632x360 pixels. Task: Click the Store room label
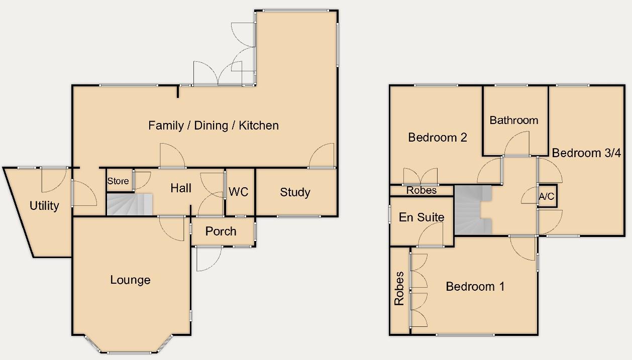tap(118, 181)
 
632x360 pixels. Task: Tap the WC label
tap(239, 192)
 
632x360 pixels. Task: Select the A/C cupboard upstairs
tap(547, 197)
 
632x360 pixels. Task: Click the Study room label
tap(295, 192)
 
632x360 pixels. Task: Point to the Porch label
tap(221, 231)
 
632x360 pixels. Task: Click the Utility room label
tap(44, 205)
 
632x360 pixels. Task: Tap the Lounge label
tap(130, 280)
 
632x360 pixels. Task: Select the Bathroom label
tap(513, 121)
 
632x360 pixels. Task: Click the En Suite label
tap(422, 217)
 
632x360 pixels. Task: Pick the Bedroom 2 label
tap(438, 137)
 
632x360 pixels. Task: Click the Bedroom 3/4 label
tap(586, 153)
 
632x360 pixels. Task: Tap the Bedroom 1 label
tap(475, 287)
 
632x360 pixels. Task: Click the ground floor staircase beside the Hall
tap(129, 204)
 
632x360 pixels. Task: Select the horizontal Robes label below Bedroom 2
tap(422, 190)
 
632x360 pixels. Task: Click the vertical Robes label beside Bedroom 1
tap(399, 288)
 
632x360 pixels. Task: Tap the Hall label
tap(181, 188)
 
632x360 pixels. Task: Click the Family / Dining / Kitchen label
tap(213, 126)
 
